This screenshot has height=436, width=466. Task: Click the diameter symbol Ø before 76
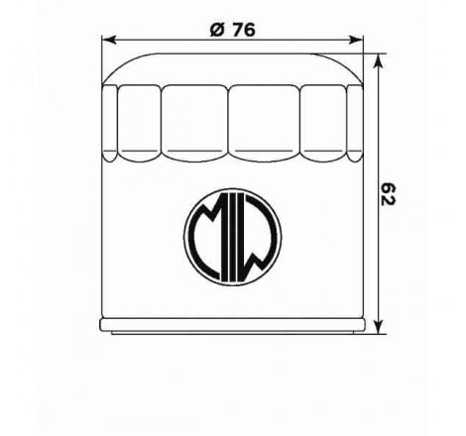217,30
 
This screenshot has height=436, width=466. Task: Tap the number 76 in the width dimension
243,30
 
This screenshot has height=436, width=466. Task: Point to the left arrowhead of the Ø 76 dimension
108,40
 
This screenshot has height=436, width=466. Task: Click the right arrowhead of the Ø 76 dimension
356,40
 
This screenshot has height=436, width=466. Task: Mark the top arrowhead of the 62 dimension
379,61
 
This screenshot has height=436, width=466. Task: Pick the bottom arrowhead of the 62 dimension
379,326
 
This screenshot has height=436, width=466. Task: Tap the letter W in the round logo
261,236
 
